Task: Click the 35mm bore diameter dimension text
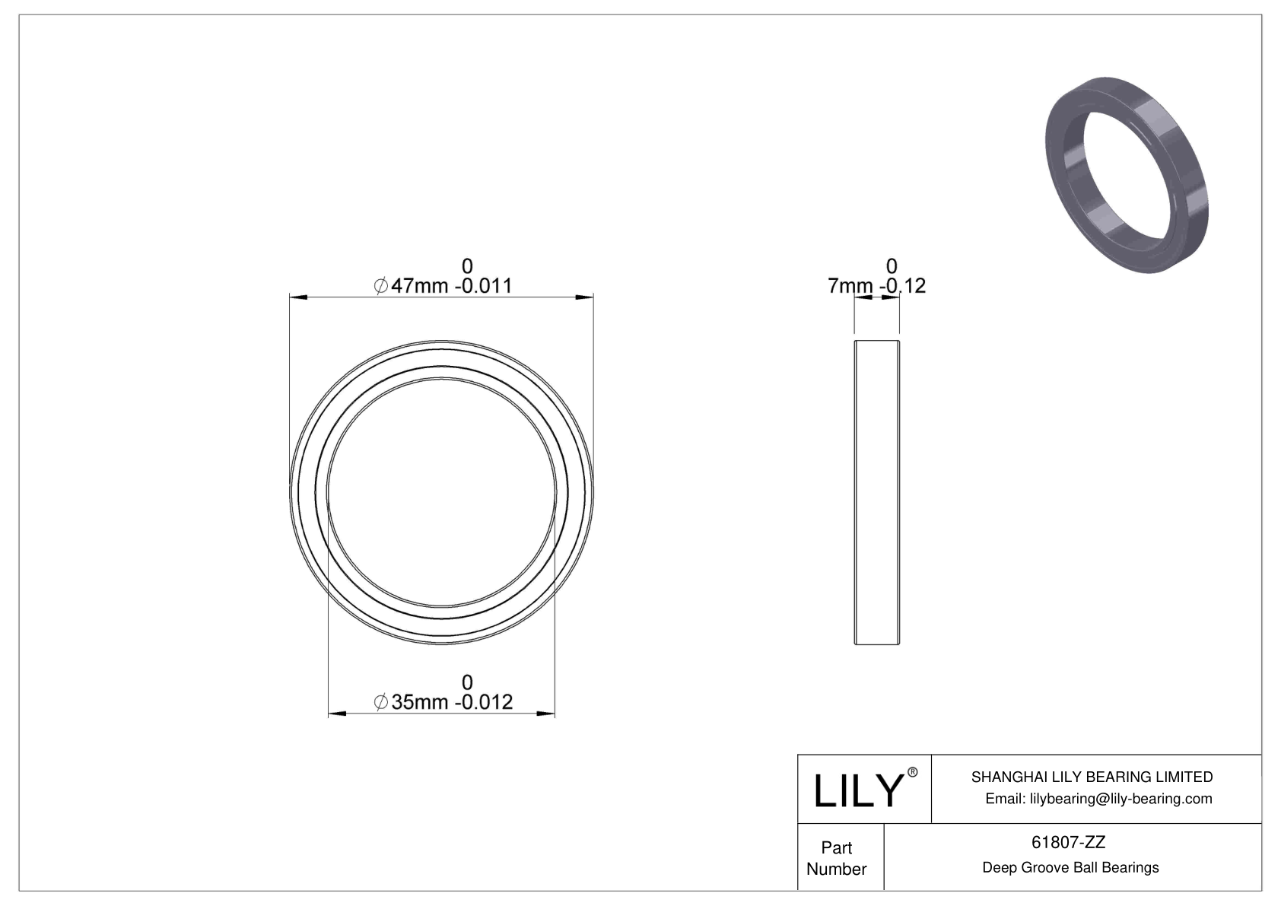(420, 702)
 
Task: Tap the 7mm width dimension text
(850, 287)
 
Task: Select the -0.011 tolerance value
(483, 287)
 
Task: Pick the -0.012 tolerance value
(483, 702)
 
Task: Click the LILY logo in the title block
(857, 790)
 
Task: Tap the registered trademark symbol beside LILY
(913, 773)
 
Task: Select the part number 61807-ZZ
(1069, 842)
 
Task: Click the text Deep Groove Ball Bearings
(1070, 867)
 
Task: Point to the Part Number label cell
(837, 858)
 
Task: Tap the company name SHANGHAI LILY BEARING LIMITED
(1092, 777)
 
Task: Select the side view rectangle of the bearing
(877, 493)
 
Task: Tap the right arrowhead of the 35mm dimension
(546, 713)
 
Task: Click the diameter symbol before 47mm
(381, 287)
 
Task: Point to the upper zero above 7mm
(892, 266)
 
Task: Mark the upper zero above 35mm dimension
(467, 682)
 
